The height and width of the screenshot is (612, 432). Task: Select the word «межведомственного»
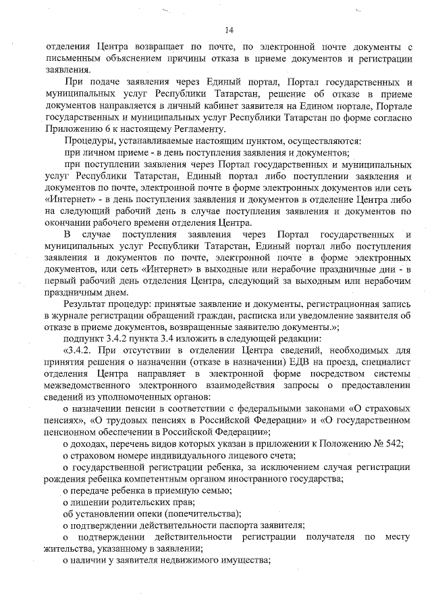(x=90, y=385)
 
